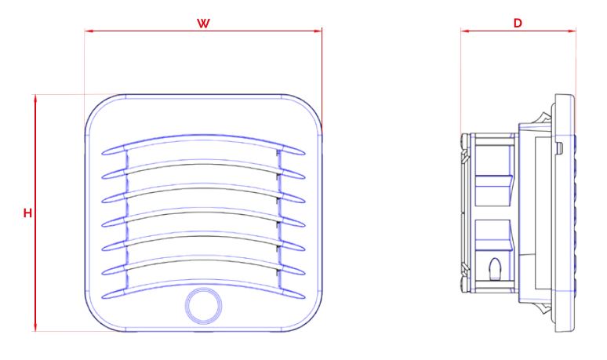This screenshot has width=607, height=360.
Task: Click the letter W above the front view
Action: pyautogui.click(x=203, y=23)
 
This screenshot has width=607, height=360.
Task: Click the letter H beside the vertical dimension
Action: pyautogui.click(x=27, y=213)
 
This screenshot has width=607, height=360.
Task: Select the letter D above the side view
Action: pyautogui.click(x=518, y=23)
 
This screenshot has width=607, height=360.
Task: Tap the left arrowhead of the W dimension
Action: pyautogui.click(x=88, y=31)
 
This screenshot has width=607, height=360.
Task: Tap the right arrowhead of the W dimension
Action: pyautogui.click(x=318, y=31)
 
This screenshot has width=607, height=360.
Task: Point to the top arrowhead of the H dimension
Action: pyautogui.click(x=35, y=98)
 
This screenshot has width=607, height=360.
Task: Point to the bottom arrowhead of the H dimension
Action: pyautogui.click(x=35, y=328)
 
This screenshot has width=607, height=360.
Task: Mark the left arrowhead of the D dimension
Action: pyautogui.click(x=464, y=31)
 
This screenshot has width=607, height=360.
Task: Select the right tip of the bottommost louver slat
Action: pyautogui.click(x=304, y=295)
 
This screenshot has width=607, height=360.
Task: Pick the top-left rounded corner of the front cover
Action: pyautogui.click(x=98, y=107)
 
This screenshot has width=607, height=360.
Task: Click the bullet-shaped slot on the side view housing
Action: pyautogui.click(x=494, y=269)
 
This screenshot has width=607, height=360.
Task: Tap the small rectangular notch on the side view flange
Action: pyautogui.click(x=558, y=147)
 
